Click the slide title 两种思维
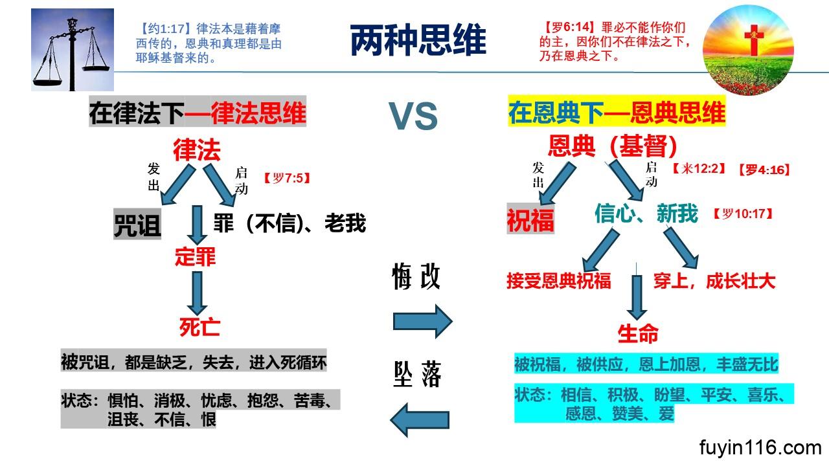pyautogui.click(x=418, y=41)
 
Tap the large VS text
pyautogui.click(x=413, y=117)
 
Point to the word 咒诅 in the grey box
pyautogui.click(x=137, y=225)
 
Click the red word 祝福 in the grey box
pyautogui.click(x=530, y=219)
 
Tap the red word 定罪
pyautogui.click(x=195, y=258)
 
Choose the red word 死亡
pyautogui.click(x=199, y=327)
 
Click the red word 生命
pyautogui.click(x=638, y=334)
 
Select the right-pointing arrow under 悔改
pyautogui.click(x=422, y=320)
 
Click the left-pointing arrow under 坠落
pyautogui.click(x=420, y=419)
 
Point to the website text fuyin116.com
pyautogui.click(x=760, y=447)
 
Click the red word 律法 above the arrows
pyautogui.click(x=197, y=150)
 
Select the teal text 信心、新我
pyautogui.click(x=646, y=214)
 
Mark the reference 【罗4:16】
pyautogui.click(x=764, y=170)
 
